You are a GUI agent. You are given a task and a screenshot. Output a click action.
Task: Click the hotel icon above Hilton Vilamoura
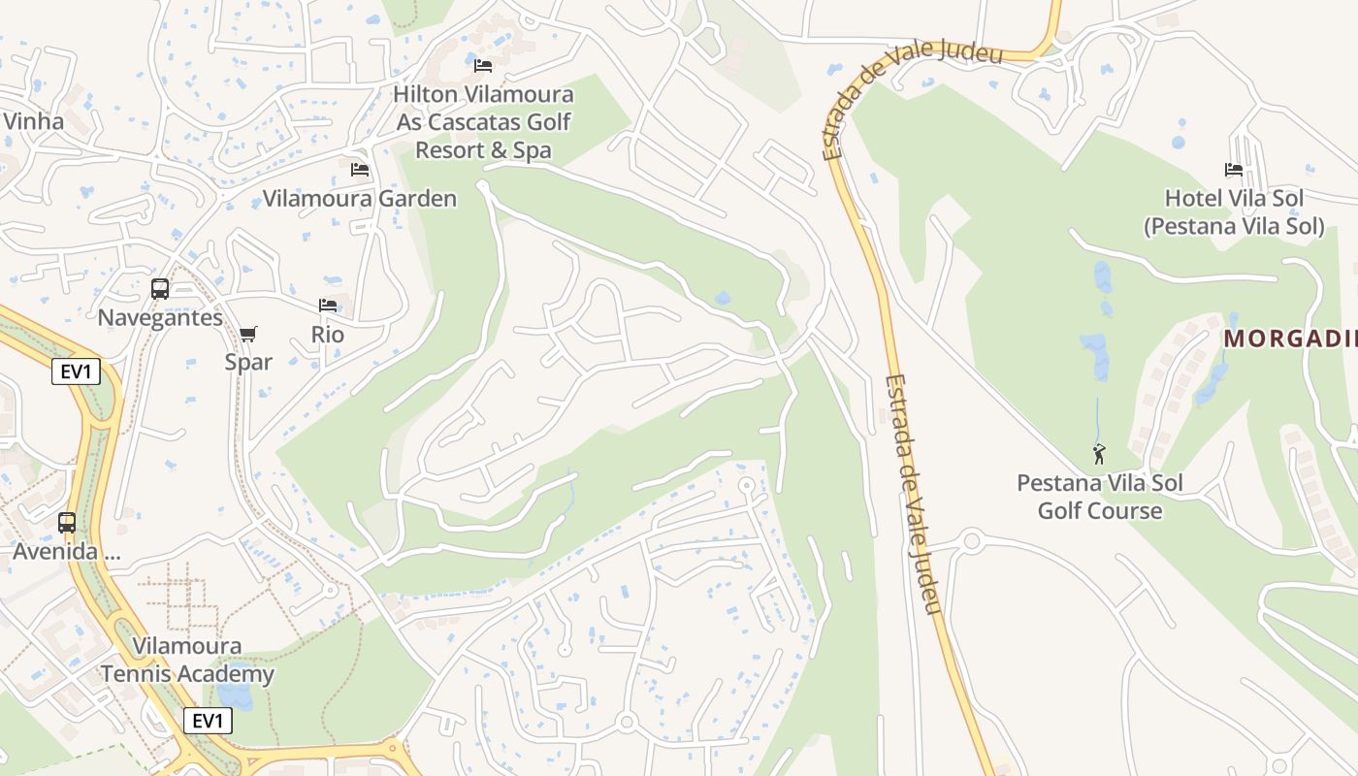483,66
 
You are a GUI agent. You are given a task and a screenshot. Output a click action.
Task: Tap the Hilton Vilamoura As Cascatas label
484,122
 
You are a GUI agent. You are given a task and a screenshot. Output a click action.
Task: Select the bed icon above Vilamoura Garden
360,170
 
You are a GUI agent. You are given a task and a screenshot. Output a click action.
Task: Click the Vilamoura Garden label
360,199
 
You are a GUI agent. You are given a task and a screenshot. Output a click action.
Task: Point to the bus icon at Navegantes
160,289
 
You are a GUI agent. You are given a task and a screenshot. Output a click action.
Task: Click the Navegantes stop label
160,317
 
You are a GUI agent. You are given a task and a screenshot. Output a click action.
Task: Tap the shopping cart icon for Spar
248,335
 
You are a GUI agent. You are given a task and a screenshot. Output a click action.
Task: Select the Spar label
248,362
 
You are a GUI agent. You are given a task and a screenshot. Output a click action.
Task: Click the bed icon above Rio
328,306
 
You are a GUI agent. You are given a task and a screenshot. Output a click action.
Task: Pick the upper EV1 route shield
76,372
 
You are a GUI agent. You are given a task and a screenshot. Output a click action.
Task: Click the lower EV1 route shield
208,721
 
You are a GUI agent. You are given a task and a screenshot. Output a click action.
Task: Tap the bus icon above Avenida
67,523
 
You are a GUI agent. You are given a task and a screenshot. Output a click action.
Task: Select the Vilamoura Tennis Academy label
187,660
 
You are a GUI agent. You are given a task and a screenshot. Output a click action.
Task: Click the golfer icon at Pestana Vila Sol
1099,454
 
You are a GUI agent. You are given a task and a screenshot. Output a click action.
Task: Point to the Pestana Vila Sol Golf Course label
1099,497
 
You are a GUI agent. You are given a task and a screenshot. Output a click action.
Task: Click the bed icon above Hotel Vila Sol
1234,170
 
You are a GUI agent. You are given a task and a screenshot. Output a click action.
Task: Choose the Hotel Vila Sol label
1234,212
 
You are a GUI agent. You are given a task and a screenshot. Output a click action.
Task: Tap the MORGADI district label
1290,339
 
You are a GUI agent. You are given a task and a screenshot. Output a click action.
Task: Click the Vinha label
33,121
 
